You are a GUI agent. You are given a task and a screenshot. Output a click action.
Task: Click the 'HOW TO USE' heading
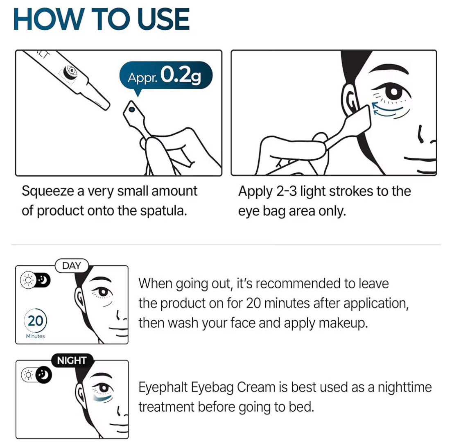(102, 19)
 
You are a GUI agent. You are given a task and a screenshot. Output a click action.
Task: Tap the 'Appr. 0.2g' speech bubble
(166, 75)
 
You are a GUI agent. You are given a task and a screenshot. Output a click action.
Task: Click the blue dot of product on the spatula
(132, 109)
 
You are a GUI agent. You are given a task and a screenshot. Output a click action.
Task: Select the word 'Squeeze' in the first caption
(47, 192)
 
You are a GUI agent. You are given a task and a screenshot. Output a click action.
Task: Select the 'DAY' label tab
(72, 265)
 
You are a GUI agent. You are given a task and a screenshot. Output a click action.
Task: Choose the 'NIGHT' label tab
(72, 360)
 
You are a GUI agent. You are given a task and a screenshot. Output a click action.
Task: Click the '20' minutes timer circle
(35, 321)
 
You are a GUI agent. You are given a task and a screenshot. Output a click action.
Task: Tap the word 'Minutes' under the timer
(35, 336)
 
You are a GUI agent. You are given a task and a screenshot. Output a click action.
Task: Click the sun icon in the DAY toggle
(28, 280)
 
